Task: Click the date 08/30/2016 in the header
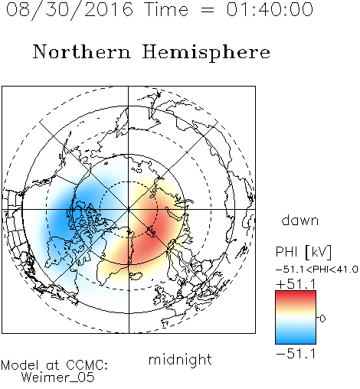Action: pos(70,9)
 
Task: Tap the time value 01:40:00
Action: pos(270,9)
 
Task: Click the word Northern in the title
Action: pos(82,52)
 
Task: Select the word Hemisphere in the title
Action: pos(206,53)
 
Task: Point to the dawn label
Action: pos(300,220)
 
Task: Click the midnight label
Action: pos(180,360)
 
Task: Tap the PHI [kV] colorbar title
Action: pos(303,252)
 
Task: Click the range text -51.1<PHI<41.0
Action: pos(317,270)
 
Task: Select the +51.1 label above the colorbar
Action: pos(296,284)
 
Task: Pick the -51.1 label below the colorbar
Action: pos(296,354)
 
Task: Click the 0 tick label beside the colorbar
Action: pos(322,319)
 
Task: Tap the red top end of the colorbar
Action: pos(296,293)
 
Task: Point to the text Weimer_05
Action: pos(58,378)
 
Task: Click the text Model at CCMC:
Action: pos(54,365)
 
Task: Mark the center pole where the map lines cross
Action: pos(129,209)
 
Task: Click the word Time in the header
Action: pos(166,9)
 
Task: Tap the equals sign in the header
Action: pos(207,10)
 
